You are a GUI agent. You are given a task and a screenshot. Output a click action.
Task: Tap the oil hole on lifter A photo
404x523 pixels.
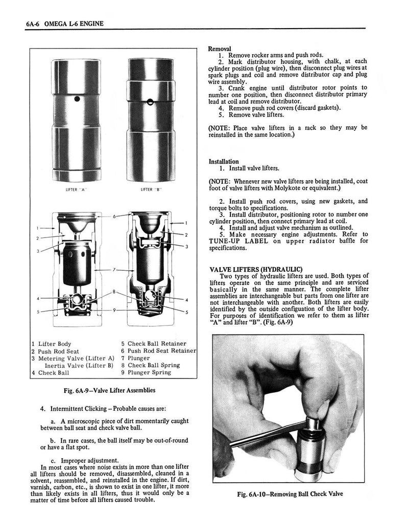[76, 99]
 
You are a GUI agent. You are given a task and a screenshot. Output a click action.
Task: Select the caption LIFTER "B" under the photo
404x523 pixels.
[151, 190]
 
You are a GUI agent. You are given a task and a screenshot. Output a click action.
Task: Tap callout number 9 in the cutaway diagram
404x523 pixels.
[115, 310]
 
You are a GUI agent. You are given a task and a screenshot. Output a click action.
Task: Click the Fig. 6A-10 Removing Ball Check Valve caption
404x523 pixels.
[290, 494]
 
